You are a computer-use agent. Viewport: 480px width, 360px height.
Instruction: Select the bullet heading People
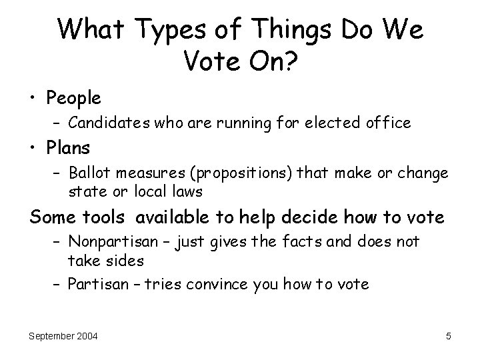(74, 99)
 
